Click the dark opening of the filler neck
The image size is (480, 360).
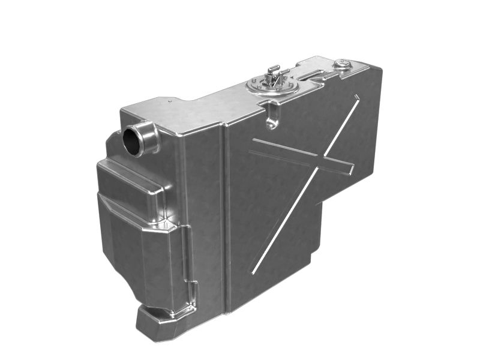tap(133, 140)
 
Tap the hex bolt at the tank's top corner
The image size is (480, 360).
tap(343, 63)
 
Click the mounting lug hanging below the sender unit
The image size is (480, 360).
tap(273, 114)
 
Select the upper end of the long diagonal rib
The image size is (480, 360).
tap(358, 97)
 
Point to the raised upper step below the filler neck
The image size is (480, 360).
tap(129, 180)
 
